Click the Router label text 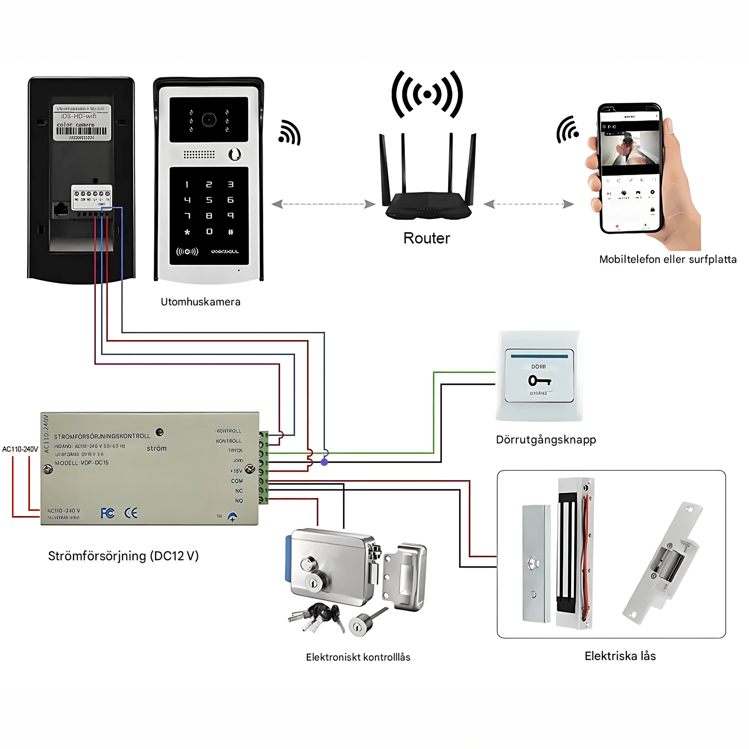(426, 238)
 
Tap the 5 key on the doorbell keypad (209, 200)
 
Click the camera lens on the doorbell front (209, 120)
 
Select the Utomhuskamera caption (201, 302)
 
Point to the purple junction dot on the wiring (324, 462)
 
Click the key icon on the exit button (539, 381)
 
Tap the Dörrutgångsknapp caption (546, 440)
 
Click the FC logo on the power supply (107, 513)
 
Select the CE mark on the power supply (131, 513)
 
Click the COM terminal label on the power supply (237, 481)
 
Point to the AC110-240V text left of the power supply (20, 449)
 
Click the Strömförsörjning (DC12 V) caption (123, 556)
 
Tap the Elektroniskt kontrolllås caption (358, 657)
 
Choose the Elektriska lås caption (620, 656)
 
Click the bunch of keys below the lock (316, 617)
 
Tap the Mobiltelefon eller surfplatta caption (667, 259)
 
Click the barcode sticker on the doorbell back (82, 122)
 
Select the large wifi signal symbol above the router (427, 94)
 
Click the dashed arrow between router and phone (528, 204)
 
